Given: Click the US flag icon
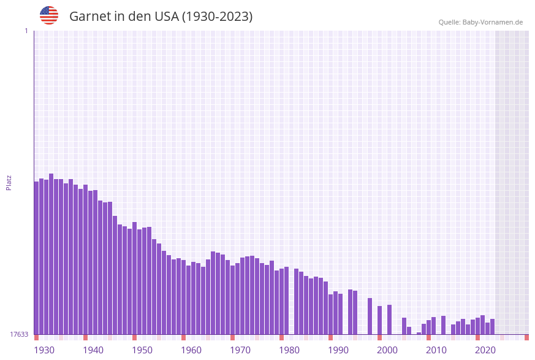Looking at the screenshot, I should coord(49,15).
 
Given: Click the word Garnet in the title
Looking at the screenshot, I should coord(89,17).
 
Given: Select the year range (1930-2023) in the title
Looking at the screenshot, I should coord(218,17).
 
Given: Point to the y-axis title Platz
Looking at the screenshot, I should coord(9,182).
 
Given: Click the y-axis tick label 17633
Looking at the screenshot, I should coord(19,334).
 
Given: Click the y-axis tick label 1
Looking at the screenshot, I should coord(26,31).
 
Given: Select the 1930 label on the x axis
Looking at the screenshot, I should coord(44,350).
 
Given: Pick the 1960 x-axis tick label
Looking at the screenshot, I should coord(191,350).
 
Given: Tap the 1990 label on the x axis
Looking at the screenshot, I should coord(338,350).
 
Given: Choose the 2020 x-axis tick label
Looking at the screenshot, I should coord(485,350).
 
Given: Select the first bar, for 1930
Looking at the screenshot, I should coord(37,258).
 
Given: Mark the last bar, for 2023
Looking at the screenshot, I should coord(493,326).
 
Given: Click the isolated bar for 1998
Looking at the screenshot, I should coord(370,316).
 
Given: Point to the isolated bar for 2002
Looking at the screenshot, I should coord(390,320).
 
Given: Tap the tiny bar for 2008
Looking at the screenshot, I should coord(419,333).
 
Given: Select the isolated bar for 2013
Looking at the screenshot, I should coord(444,325).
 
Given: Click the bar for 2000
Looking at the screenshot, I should coord(380,320).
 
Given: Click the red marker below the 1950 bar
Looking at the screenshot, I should coord(135,337).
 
